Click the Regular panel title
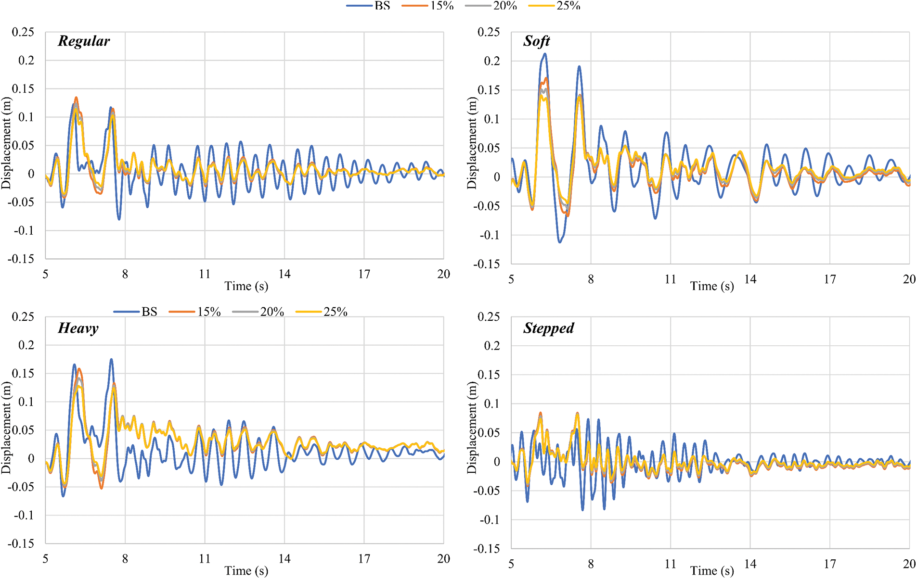(x=84, y=41)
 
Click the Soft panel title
(x=536, y=41)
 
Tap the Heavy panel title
(x=78, y=328)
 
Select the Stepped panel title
(x=548, y=328)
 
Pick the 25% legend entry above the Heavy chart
(x=335, y=312)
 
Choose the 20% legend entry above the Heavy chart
(x=272, y=312)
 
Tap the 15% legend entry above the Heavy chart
(x=208, y=312)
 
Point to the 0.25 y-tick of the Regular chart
(x=23, y=32)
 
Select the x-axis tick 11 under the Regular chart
(x=205, y=274)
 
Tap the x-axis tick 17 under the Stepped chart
(x=829, y=564)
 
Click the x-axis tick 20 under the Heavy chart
(x=443, y=559)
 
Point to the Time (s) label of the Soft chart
(x=711, y=287)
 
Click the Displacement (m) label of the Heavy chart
(x=6, y=428)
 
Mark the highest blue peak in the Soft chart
(x=545, y=54)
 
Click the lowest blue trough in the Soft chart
(x=560, y=242)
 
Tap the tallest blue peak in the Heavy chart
(x=111, y=359)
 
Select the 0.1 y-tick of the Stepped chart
(x=492, y=404)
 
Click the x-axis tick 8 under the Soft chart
(x=591, y=279)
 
